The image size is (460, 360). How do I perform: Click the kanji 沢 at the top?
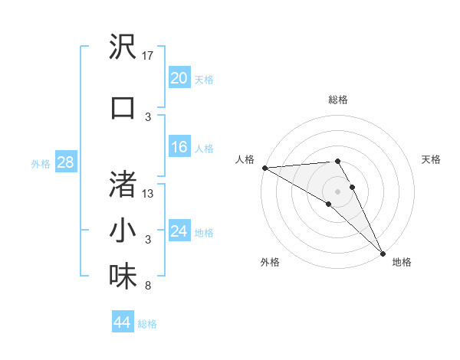tap(123, 48)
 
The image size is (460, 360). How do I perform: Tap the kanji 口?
tap(123, 106)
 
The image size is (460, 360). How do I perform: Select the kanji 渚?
tap(123, 184)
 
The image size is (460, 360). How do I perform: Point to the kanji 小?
tap(123, 231)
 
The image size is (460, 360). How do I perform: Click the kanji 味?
tap(123, 277)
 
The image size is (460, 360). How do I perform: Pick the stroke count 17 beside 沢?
tap(149, 55)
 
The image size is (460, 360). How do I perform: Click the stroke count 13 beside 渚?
tap(149, 194)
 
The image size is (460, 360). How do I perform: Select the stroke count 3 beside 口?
tap(147, 116)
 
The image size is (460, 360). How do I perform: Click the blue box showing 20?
tap(179, 77)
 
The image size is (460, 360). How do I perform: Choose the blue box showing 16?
tap(179, 147)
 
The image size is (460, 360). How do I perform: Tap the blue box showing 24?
tap(179, 231)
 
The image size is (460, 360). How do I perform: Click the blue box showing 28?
tap(65, 162)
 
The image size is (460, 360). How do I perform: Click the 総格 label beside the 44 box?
tap(147, 324)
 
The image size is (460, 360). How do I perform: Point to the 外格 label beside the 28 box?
tap(41, 163)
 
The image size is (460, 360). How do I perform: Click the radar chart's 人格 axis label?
tap(245, 159)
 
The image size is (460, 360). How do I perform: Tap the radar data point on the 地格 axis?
tap(382, 252)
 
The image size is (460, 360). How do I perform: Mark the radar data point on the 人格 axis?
tap(264, 168)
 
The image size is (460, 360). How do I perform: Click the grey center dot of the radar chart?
tap(337, 191)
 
